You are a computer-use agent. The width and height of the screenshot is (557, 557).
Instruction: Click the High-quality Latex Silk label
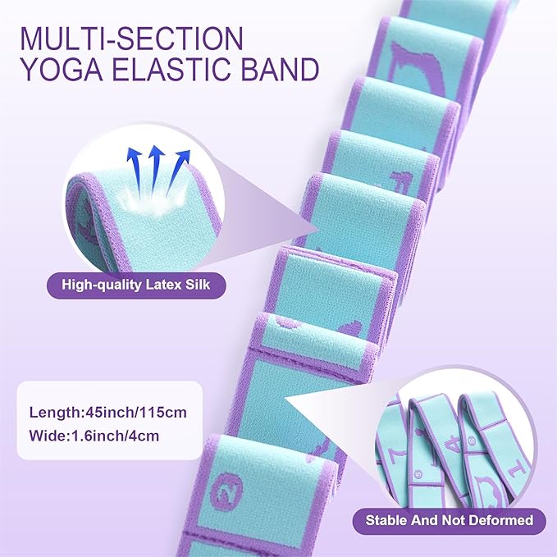point(138,286)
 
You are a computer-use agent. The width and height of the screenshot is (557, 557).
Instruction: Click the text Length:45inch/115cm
point(108,412)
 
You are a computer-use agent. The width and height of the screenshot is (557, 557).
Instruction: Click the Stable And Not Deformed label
point(450,520)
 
